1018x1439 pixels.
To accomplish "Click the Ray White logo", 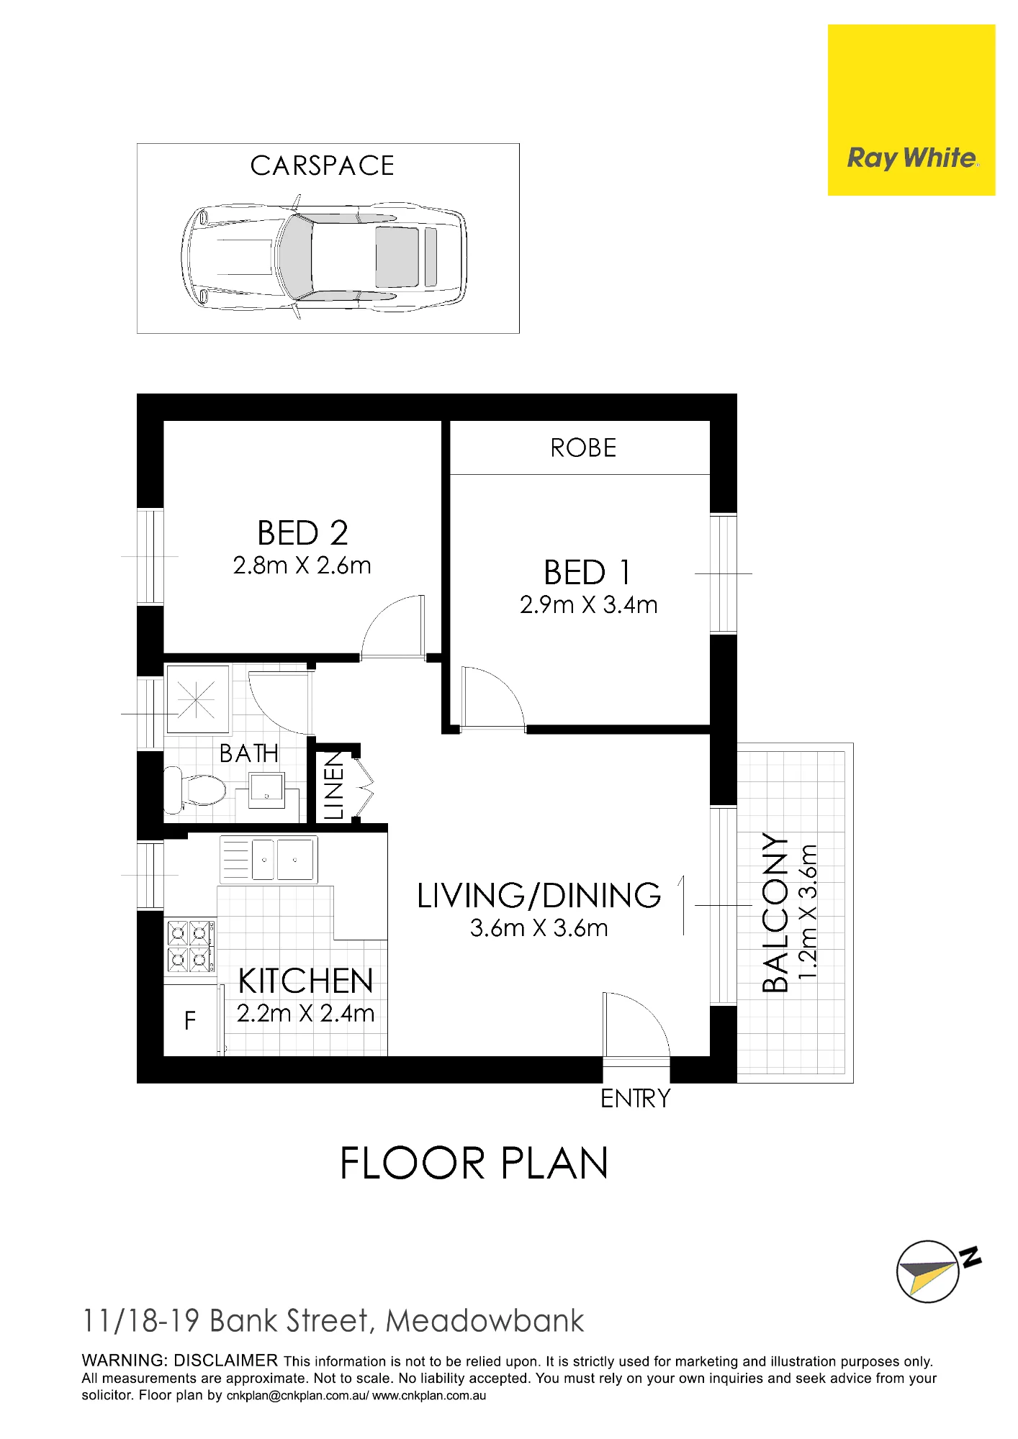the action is [x=911, y=110].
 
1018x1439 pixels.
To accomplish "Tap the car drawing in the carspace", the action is [x=324, y=257].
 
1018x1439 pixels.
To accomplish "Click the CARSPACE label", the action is [x=323, y=166].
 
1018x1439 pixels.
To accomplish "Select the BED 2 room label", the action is [x=302, y=533].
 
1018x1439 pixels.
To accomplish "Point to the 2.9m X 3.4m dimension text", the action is [x=589, y=605].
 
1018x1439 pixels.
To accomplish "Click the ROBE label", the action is [x=583, y=448].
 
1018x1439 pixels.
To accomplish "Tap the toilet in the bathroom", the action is [x=195, y=789].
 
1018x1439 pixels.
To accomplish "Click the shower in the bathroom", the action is [x=197, y=699].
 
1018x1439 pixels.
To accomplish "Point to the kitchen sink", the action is [x=269, y=859].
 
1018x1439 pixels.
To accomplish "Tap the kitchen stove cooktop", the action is [x=191, y=945].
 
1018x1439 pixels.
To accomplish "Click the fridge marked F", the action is [x=191, y=1020].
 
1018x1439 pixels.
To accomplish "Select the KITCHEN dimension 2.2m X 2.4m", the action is [x=306, y=1014].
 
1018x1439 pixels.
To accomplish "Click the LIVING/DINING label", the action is [x=539, y=896].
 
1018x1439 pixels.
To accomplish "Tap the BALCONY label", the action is [x=775, y=913].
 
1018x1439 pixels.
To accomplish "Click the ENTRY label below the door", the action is [x=636, y=1099].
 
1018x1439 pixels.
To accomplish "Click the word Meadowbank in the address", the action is [x=485, y=1321].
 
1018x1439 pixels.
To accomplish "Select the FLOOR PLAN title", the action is [x=474, y=1163].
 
